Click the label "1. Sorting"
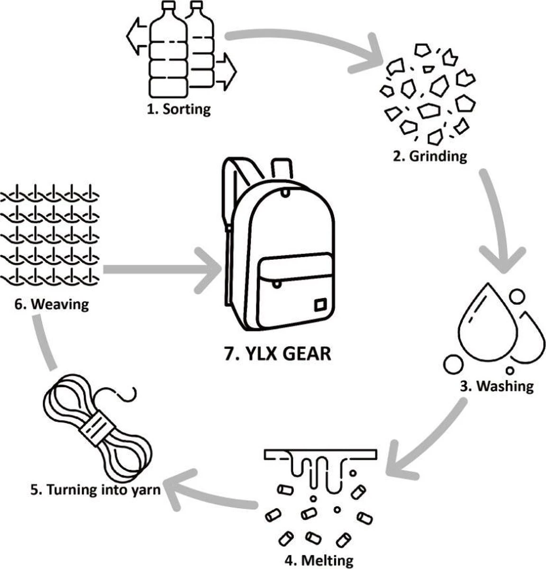click(x=178, y=109)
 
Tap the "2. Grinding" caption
click(x=430, y=156)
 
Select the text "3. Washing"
click(x=496, y=386)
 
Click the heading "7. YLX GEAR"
click(x=277, y=354)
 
